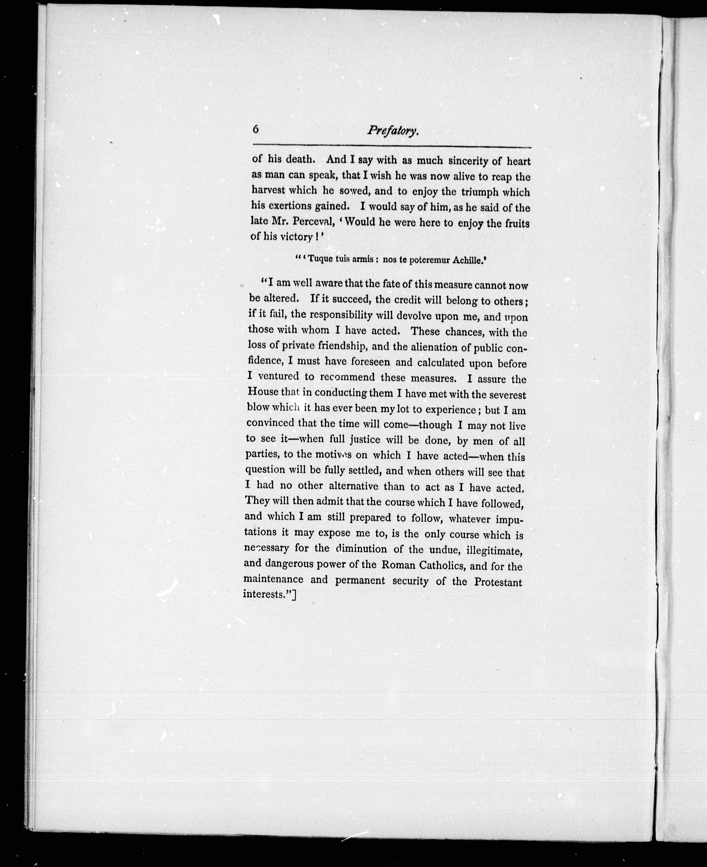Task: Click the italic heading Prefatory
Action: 393,131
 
